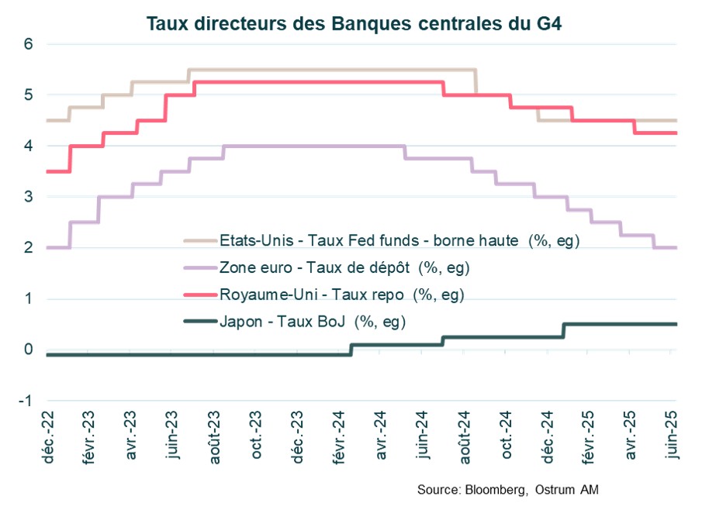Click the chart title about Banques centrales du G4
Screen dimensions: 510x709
[x=354, y=24]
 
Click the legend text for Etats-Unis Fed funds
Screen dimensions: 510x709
[x=400, y=241]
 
